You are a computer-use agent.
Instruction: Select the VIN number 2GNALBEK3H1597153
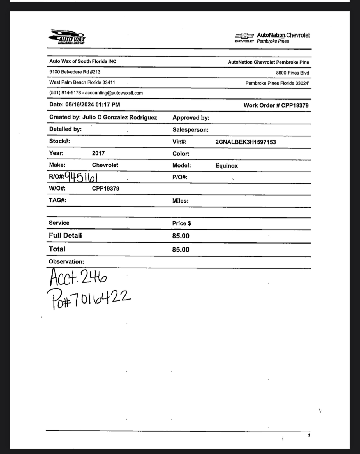click(246, 142)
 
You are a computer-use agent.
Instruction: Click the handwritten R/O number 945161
click(81, 177)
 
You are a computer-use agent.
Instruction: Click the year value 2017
click(98, 153)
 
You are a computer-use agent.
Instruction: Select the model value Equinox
click(227, 166)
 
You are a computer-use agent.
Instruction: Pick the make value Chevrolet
click(105, 165)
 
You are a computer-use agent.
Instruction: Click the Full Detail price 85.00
click(181, 236)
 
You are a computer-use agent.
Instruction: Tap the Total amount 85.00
click(181, 250)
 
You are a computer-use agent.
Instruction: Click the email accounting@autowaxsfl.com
click(114, 93)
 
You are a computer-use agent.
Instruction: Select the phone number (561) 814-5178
click(65, 93)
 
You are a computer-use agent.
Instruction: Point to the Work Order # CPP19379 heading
click(276, 105)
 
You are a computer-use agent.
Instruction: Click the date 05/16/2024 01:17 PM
click(93, 105)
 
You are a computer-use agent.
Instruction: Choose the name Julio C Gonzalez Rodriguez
click(120, 117)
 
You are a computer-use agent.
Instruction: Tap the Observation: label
click(66, 262)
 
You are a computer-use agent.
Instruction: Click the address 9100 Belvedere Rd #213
click(75, 72)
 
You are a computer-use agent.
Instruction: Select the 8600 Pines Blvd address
click(292, 73)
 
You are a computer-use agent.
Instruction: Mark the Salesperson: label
click(190, 130)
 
